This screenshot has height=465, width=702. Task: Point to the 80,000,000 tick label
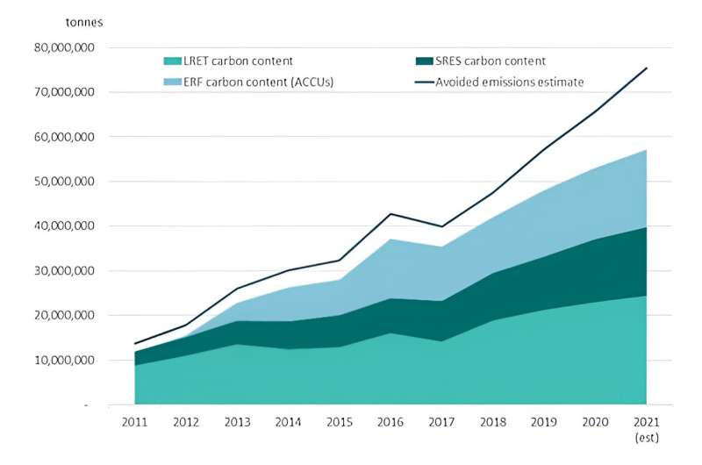pyautogui.click(x=68, y=47)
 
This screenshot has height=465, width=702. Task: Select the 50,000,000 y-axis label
pyautogui.click(x=68, y=182)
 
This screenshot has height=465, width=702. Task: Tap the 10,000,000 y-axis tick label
pyautogui.click(x=68, y=361)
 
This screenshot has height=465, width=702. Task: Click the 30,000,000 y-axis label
pyautogui.click(x=68, y=271)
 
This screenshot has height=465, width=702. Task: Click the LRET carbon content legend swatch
pyautogui.click(x=173, y=61)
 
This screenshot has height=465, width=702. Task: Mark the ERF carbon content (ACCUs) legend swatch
pyautogui.click(x=173, y=82)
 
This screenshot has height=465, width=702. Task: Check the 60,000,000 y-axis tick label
pyautogui.click(x=68, y=137)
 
